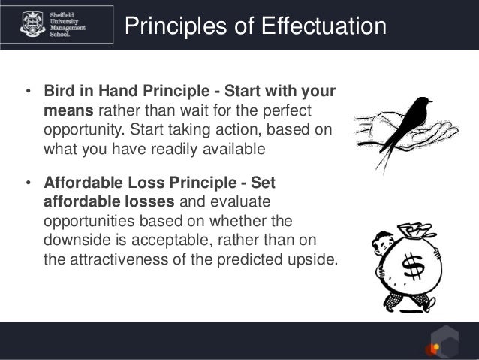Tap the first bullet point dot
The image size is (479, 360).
pyautogui.click(x=28, y=94)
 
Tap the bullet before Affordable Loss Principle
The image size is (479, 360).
pyautogui.click(x=28, y=183)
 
